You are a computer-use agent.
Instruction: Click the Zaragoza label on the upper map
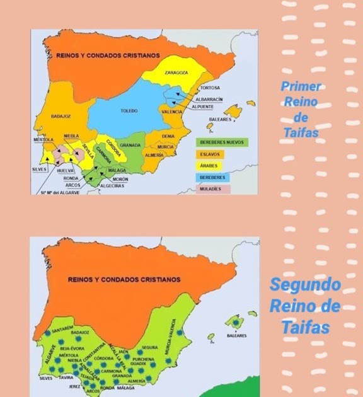point(176,72)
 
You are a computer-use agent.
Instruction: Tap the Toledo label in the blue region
point(129,110)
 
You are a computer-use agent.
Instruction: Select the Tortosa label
point(209,88)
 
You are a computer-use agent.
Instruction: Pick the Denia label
point(168,135)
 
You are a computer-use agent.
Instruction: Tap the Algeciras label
point(112,186)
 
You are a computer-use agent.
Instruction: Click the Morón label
point(120,179)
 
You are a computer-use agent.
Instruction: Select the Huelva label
point(66,170)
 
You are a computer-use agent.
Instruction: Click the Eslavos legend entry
point(210,154)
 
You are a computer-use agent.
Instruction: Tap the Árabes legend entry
point(209,166)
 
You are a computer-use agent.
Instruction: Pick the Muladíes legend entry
point(210,189)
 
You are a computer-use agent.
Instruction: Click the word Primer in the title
point(301,86)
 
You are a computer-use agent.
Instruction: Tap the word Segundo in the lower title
point(305,284)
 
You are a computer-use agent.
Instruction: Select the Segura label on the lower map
point(149,347)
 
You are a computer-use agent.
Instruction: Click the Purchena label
point(142,358)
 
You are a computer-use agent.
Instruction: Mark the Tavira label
point(66,377)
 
